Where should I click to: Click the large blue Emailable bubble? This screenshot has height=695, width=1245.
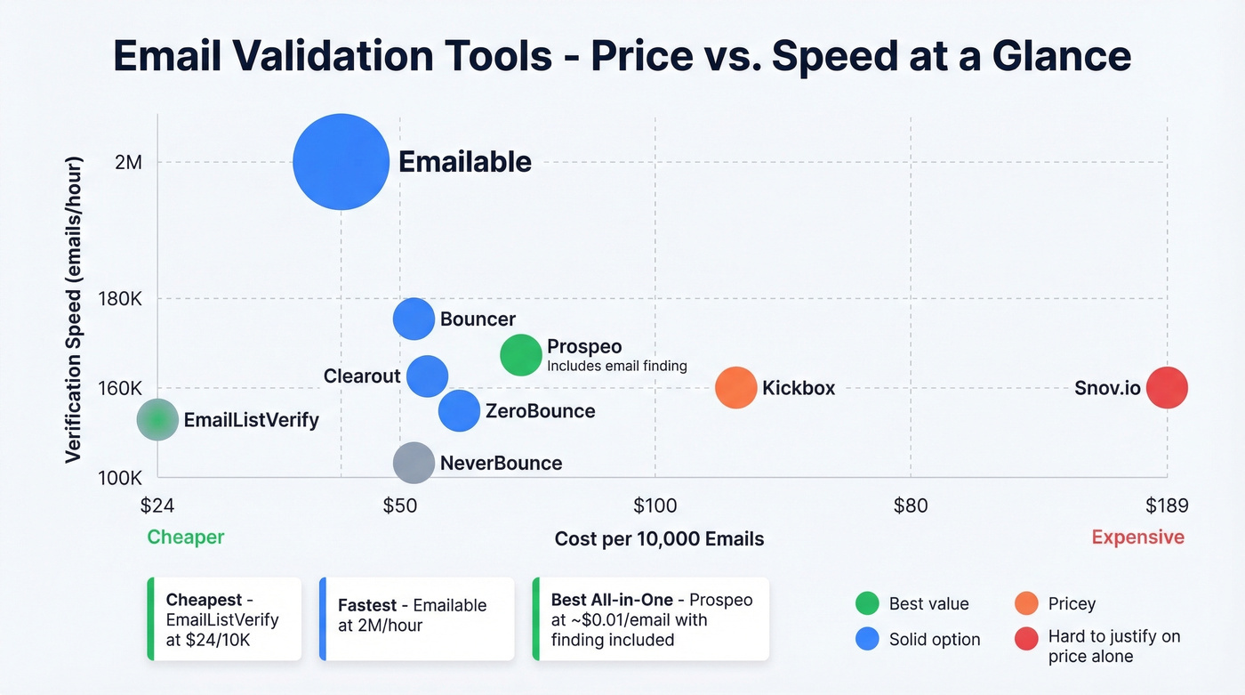tap(341, 162)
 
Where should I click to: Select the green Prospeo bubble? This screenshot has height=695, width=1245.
tap(521, 355)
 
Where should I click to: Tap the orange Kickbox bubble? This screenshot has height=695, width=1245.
tap(736, 388)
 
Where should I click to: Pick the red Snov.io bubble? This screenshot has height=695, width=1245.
tap(1167, 388)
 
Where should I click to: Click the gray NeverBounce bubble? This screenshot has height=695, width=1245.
tap(414, 463)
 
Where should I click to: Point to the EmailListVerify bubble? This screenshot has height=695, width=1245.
tap(158, 420)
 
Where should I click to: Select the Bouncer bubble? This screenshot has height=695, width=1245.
tap(414, 319)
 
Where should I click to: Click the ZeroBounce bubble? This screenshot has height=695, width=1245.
tap(459, 411)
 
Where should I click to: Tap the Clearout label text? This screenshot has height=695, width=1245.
tap(362, 376)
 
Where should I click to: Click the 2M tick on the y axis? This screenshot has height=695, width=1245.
tap(128, 163)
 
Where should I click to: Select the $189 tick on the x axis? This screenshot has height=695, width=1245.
tap(1166, 506)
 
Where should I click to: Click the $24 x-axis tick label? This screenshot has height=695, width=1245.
tap(157, 506)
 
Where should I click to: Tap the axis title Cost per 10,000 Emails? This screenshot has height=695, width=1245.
tap(659, 539)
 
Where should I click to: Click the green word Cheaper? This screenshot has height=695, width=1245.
tap(186, 537)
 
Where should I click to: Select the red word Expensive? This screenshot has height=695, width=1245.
tap(1137, 537)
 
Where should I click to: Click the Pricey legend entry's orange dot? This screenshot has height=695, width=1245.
tap(1026, 603)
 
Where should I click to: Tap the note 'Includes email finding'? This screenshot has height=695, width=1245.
tap(616, 366)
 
